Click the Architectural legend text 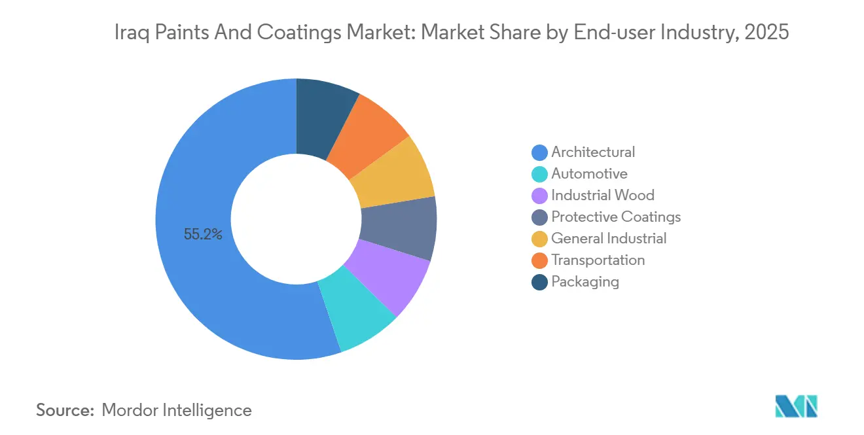(592, 152)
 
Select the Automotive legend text (589, 174)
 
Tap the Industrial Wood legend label (602, 196)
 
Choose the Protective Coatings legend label (615, 217)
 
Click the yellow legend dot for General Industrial (539, 239)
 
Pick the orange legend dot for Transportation (539, 260)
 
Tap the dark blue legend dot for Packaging (539, 282)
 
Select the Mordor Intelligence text (177, 410)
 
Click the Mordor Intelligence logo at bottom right (796, 406)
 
